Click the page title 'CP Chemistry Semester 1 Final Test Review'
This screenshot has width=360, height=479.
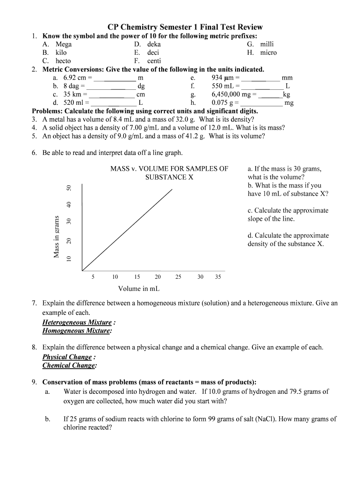(185, 27)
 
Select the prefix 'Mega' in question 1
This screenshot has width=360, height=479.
(64, 44)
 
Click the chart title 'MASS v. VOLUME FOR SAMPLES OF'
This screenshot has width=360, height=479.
(169, 169)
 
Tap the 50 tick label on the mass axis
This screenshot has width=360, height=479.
(69, 188)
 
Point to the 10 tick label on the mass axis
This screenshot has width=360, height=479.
(69, 259)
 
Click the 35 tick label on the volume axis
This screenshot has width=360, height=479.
(218, 277)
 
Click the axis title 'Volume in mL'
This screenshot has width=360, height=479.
(139, 289)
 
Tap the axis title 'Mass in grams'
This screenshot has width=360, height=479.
(57, 236)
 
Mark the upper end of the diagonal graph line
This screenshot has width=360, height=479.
(172, 189)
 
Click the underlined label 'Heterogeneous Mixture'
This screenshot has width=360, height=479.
(77, 322)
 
